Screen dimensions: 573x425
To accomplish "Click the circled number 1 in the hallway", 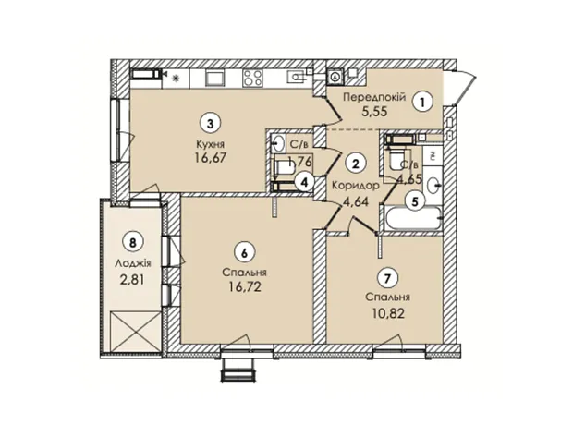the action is (x=423, y=103).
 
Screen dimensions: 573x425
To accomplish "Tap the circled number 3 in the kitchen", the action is (x=210, y=123).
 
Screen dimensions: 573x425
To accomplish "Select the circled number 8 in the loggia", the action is (x=134, y=242).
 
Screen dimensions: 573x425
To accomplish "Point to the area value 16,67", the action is (x=212, y=158).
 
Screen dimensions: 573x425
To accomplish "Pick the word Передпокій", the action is (x=374, y=97).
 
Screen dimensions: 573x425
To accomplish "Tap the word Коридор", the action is (x=355, y=186).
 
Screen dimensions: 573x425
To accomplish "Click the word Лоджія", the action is (x=133, y=262).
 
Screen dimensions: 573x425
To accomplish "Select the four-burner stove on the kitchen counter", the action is (x=252, y=79).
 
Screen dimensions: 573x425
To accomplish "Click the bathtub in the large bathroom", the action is (x=412, y=219).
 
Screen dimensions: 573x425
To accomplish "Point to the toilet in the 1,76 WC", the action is (x=285, y=168).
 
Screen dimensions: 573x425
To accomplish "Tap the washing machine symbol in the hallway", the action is (x=335, y=77).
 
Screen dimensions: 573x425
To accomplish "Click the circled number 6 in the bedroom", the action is (x=245, y=252).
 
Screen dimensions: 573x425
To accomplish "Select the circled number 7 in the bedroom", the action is (x=388, y=279).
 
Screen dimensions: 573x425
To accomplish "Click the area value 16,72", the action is (x=245, y=286).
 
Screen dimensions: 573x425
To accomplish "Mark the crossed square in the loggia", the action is (x=136, y=331).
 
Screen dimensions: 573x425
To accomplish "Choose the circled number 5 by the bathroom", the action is (x=414, y=200).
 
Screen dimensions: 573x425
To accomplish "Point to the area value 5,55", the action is (x=374, y=112).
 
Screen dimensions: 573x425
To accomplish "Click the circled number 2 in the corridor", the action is (x=355, y=164).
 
